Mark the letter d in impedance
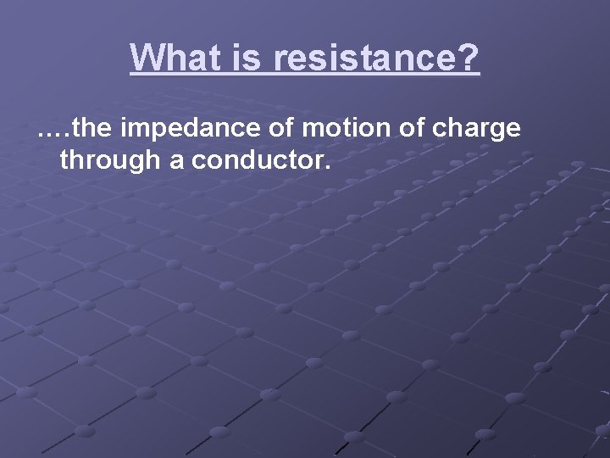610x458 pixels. pos(200,129)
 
